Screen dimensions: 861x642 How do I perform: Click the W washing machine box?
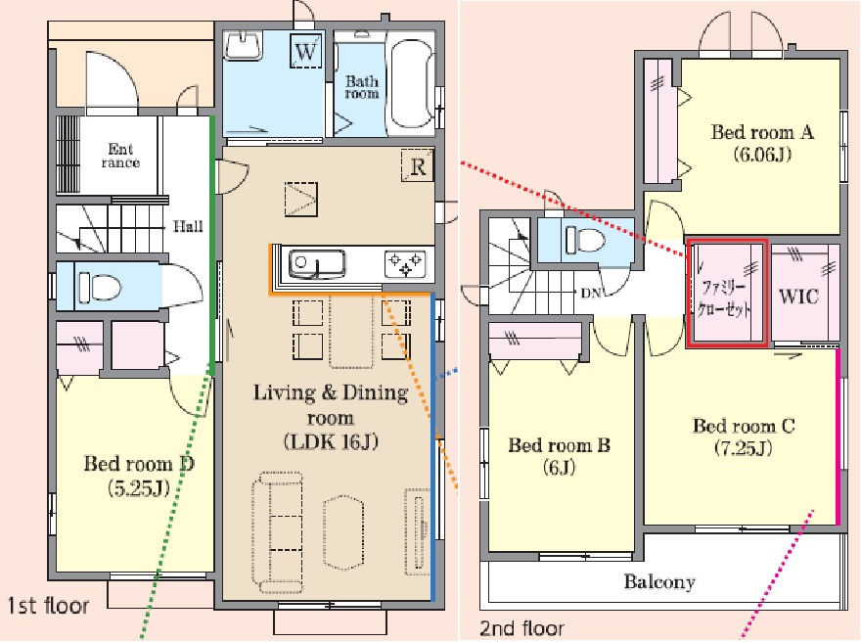tap(306, 51)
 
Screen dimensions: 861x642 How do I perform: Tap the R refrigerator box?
tap(418, 165)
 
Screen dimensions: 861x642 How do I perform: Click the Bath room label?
tap(362, 87)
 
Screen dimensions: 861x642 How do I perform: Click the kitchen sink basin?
tap(317, 264)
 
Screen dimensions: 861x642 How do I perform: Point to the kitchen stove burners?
tap(405, 263)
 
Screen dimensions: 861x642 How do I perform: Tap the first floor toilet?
tap(99, 287)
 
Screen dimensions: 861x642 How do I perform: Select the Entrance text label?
tap(120, 156)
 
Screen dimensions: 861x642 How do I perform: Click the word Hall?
tap(188, 226)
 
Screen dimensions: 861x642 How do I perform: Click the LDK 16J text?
tap(331, 442)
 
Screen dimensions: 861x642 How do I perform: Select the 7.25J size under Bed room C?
tap(744, 448)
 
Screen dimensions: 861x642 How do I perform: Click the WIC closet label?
tap(798, 298)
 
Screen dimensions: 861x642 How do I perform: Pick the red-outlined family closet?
tap(726, 294)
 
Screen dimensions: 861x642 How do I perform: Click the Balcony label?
tap(659, 581)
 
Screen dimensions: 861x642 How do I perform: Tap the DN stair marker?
tap(591, 294)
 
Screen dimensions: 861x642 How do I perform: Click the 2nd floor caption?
tap(522, 628)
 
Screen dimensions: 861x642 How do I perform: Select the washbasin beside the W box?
tap(243, 45)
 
